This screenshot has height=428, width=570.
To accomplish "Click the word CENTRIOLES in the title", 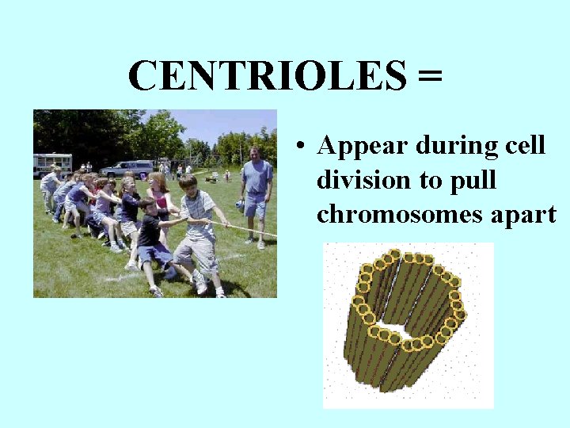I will click(x=266, y=77).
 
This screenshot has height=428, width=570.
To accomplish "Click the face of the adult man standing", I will click(x=255, y=154).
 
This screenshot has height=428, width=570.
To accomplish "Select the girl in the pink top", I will click(x=159, y=198).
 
